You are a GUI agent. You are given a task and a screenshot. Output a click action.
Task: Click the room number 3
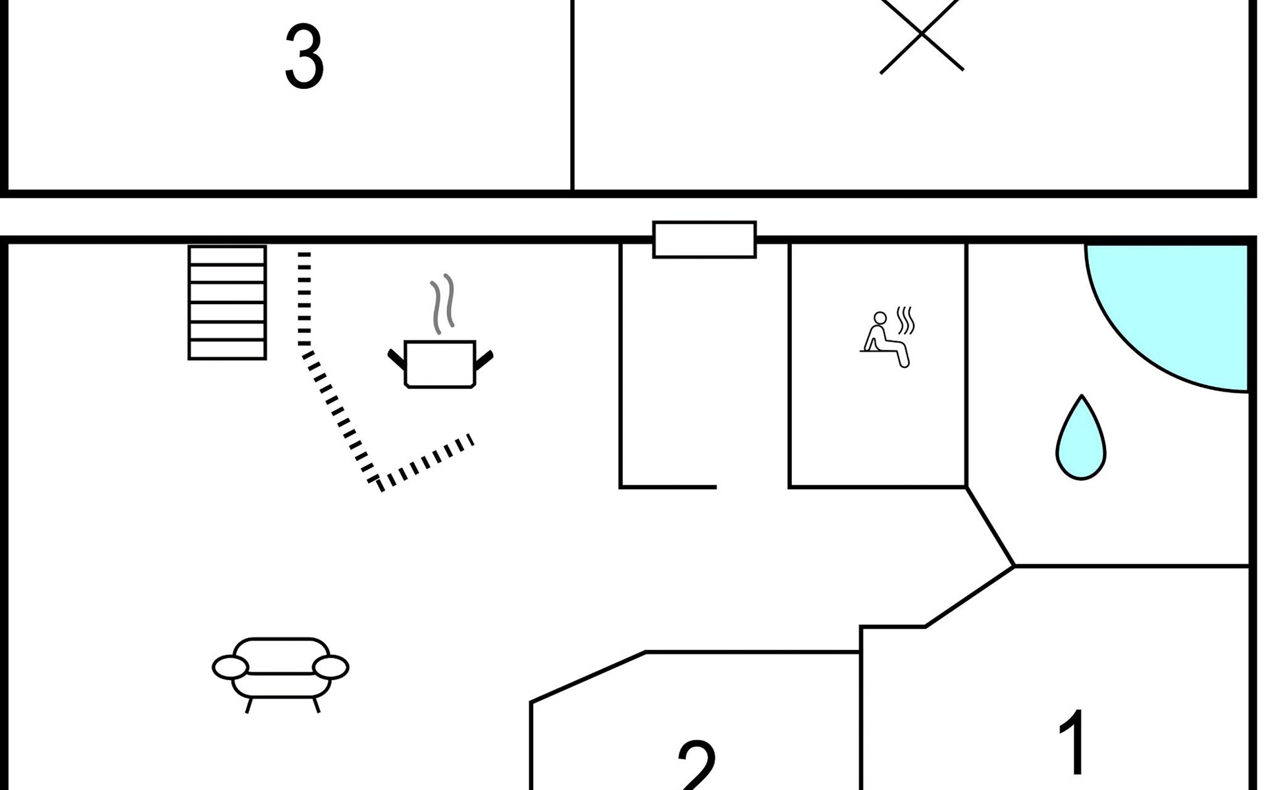[303, 58]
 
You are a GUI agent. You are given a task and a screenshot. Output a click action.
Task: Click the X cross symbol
[921, 33]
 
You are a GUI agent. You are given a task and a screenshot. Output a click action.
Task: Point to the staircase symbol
[227, 303]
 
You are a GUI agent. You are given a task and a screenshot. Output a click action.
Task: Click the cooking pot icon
[440, 364]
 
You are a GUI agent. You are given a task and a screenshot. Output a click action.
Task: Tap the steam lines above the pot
[442, 304]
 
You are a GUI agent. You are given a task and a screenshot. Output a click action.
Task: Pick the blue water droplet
[1080, 440]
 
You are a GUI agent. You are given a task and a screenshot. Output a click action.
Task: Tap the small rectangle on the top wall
[704, 240]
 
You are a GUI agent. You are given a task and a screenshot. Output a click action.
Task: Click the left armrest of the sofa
[230, 668]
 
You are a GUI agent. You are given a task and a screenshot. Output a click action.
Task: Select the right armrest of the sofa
[330, 668]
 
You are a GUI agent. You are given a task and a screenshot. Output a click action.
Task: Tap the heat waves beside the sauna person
[907, 320]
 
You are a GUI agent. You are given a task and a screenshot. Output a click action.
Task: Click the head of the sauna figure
[880, 319]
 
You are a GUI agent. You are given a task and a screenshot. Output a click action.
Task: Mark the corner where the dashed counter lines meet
[379, 485]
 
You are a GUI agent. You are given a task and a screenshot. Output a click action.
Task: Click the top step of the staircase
[227, 255]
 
